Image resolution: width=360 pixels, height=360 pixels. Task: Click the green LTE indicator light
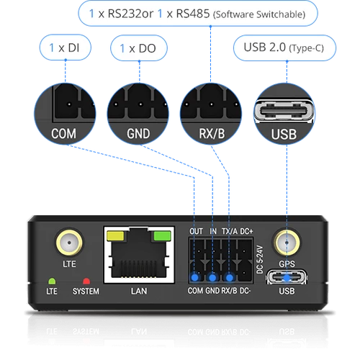(x=52, y=281)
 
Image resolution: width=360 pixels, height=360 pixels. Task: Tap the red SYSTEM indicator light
(x=86, y=281)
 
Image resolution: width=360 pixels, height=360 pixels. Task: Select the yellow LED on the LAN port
(x=115, y=235)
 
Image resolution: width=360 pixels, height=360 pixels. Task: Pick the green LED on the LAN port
(x=162, y=235)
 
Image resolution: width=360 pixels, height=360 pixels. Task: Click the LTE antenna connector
(x=69, y=243)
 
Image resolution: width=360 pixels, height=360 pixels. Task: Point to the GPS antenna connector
(x=287, y=243)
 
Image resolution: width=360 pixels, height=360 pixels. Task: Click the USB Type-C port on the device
(x=287, y=277)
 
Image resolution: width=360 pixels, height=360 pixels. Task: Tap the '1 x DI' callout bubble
(x=66, y=48)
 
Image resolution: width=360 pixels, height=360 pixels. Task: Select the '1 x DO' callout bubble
(x=139, y=48)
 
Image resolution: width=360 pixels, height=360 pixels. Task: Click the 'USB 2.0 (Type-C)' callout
(x=284, y=48)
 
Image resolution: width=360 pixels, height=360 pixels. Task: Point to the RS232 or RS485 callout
(x=198, y=14)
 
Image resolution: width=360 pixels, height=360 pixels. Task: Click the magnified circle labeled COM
(x=65, y=114)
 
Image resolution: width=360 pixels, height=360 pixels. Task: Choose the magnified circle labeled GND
(x=138, y=114)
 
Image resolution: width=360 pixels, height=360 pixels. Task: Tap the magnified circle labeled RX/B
(x=211, y=114)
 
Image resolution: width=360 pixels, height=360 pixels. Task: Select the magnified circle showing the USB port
(x=284, y=114)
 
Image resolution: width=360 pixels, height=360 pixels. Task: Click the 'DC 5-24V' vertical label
(x=260, y=259)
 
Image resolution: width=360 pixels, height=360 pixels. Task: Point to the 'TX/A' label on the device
(x=230, y=231)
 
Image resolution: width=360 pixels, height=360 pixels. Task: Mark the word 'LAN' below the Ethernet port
(x=139, y=291)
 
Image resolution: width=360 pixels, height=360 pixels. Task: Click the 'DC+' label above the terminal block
(x=246, y=231)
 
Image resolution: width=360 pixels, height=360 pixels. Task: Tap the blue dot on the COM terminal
(x=195, y=278)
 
